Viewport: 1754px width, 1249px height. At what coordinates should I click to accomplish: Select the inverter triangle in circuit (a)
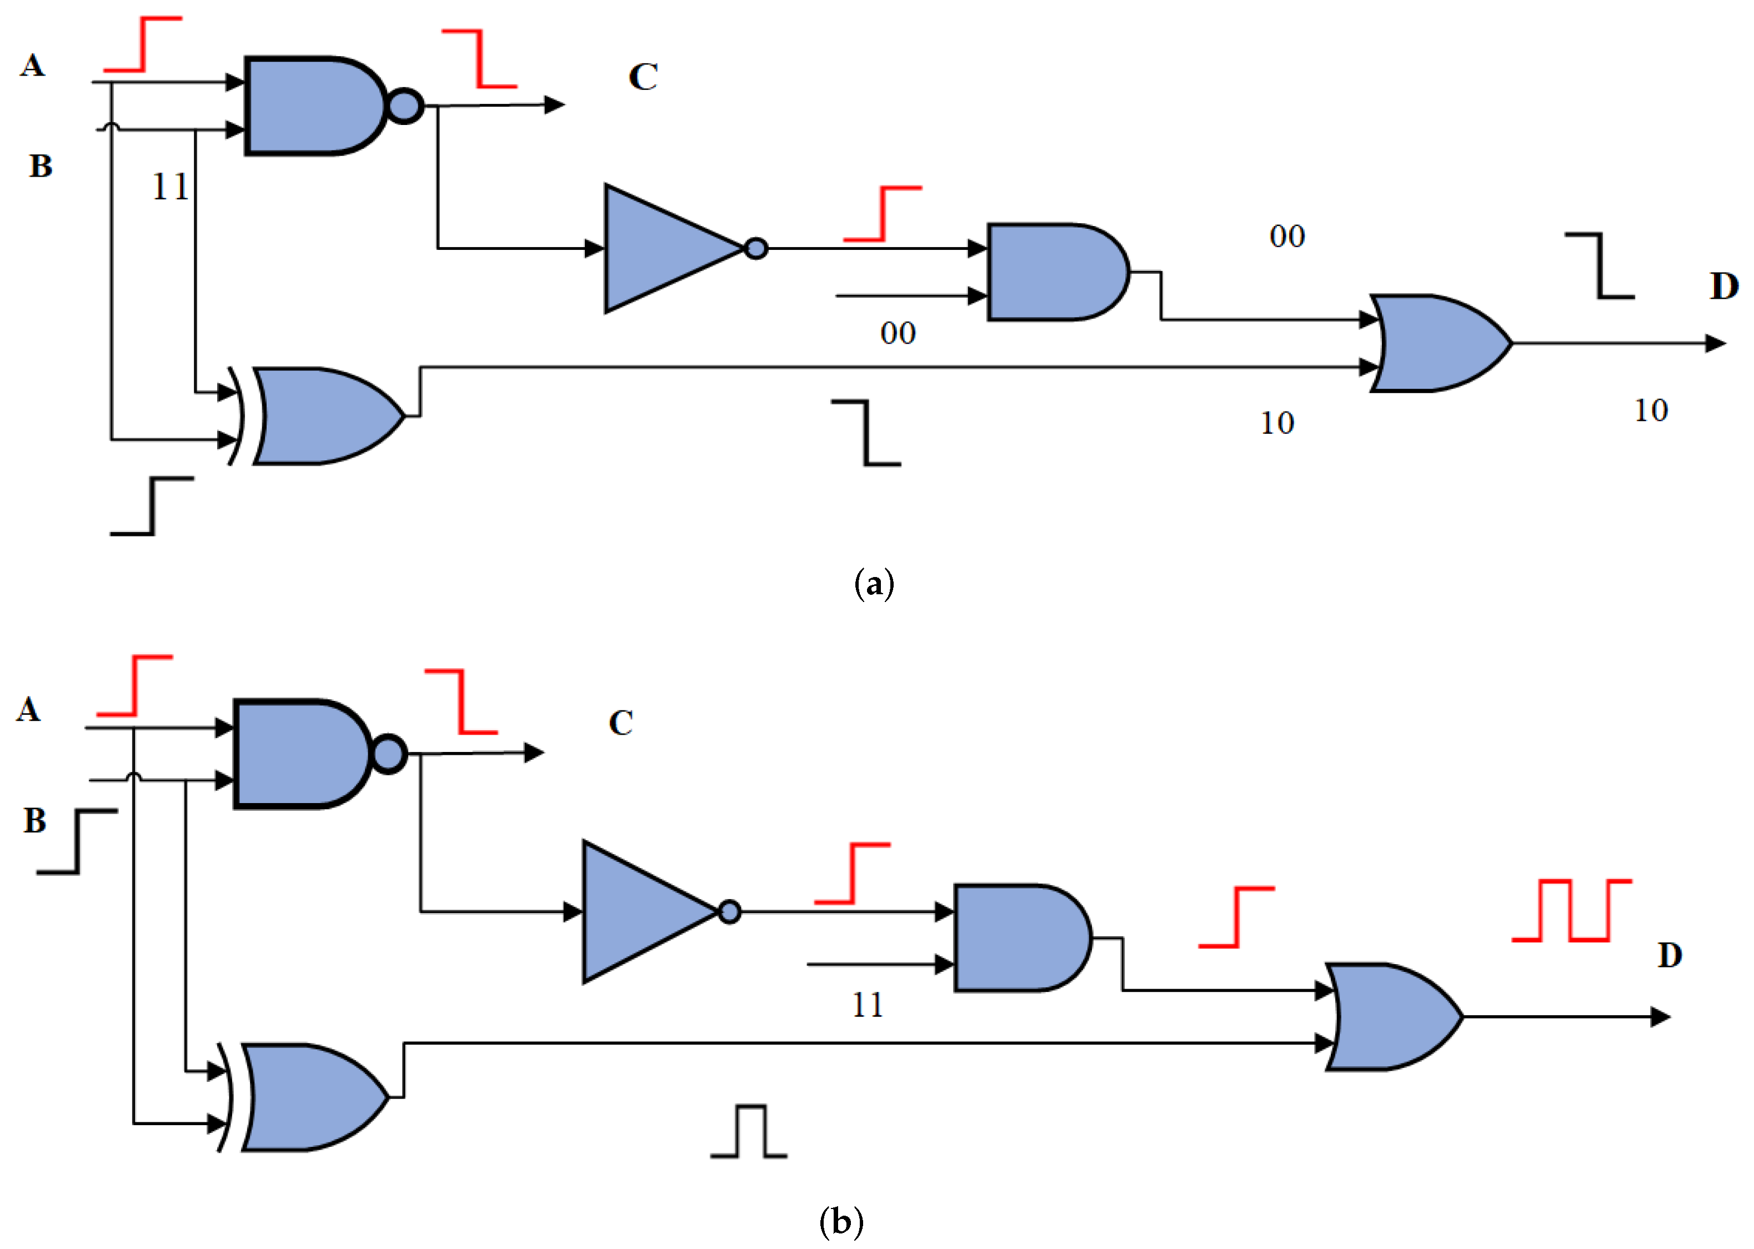(x=665, y=248)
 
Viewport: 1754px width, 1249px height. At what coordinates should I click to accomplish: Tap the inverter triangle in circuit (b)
(x=642, y=911)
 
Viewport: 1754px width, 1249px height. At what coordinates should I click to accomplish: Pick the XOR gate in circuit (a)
(x=323, y=416)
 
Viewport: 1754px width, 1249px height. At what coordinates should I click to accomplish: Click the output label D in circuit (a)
(x=1724, y=286)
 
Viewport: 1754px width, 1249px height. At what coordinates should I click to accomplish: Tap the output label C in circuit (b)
(x=620, y=723)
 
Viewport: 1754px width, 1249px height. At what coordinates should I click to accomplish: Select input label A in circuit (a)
(x=32, y=66)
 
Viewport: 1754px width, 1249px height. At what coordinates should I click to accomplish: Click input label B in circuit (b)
(x=34, y=821)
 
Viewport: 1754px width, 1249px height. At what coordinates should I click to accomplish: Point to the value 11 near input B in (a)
(x=170, y=187)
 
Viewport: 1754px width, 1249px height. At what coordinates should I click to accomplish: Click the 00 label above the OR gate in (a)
(x=1287, y=236)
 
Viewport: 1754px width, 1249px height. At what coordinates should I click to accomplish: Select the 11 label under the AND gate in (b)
(x=868, y=1005)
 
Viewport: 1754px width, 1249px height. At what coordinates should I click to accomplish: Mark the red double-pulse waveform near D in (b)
(x=1571, y=911)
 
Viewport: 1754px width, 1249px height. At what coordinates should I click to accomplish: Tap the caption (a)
(x=874, y=584)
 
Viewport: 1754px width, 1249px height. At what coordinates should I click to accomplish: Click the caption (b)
(x=841, y=1221)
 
